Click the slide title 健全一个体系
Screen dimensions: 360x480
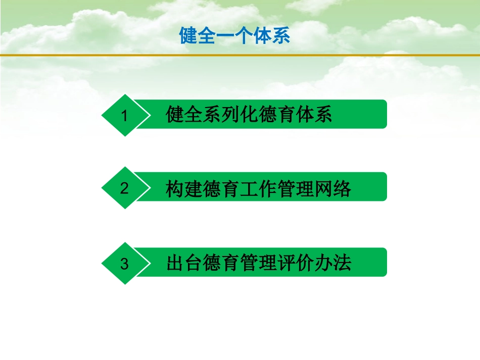pos(235,36)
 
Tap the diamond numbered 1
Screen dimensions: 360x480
pos(124,116)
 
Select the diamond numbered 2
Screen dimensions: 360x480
pos(124,188)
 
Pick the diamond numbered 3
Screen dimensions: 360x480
pos(124,264)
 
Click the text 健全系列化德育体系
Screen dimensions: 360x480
pos(249,115)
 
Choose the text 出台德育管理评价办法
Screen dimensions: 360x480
pos(259,264)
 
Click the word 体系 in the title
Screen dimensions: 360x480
pos(272,36)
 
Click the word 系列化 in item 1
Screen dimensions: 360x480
pos(230,115)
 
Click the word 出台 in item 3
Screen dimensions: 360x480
pos(184,264)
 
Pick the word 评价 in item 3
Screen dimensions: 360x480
pos(296,264)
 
